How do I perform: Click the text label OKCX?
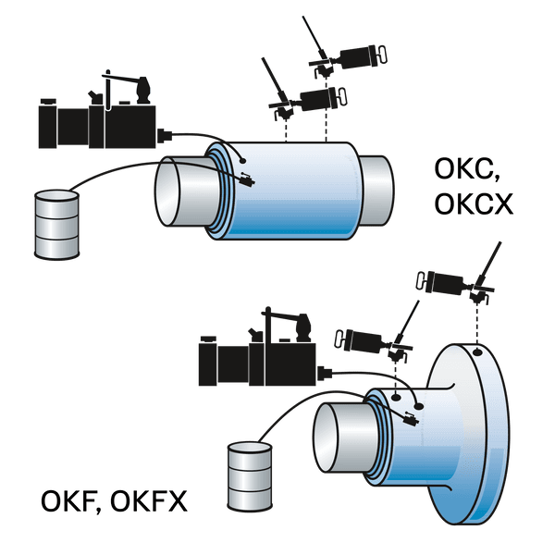[x=474, y=204]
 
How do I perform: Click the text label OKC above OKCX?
[x=466, y=169]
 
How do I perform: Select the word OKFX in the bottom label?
[x=149, y=501]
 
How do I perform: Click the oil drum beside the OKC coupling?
[x=56, y=225]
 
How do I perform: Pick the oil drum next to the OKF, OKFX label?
[x=250, y=476]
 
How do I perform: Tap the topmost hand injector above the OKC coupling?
[x=345, y=53]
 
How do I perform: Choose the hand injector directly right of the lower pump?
[x=377, y=337]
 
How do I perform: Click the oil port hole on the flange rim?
[x=477, y=352]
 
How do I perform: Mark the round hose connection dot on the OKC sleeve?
[x=242, y=161]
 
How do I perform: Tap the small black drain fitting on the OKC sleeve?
[x=247, y=179]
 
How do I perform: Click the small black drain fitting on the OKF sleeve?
[x=411, y=419]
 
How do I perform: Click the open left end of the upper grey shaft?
[x=167, y=191]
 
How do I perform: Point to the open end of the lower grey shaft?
[x=326, y=438]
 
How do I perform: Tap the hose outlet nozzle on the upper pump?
[x=165, y=136]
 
